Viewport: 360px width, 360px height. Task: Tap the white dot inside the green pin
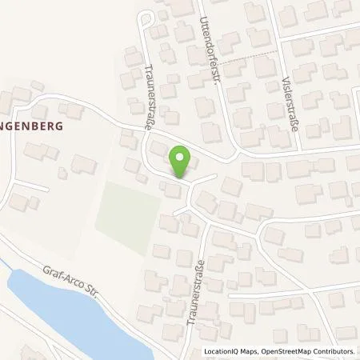182,158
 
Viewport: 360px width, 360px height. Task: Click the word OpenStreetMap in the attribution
282,351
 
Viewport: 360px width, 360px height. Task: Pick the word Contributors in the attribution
332,351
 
